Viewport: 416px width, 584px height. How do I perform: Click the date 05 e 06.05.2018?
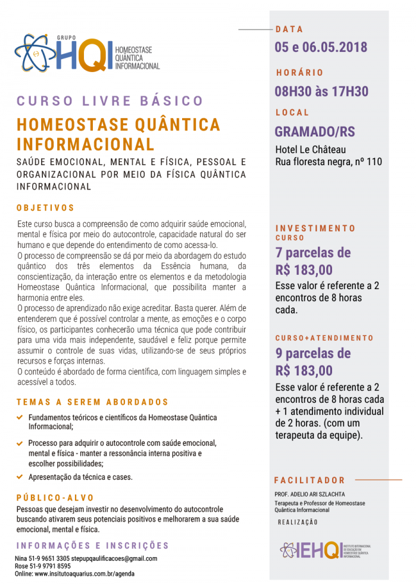click(321, 47)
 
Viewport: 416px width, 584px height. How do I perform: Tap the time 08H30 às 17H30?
click(321, 91)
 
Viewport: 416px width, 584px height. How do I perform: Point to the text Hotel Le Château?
click(310, 150)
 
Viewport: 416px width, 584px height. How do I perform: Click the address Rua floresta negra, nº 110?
click(329, 161)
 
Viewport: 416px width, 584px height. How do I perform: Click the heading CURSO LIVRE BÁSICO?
click(110, 101)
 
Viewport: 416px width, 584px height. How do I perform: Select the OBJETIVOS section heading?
click(45, 208)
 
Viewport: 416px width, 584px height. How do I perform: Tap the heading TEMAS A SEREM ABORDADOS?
click(92, 402)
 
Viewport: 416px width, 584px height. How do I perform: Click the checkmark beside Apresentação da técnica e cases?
click(20, 477)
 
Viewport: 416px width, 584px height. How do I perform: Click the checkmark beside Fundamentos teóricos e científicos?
click(20, 417)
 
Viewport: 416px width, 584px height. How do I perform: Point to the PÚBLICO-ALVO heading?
click(55, 498)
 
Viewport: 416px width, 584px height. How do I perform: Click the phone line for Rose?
click(43, 566)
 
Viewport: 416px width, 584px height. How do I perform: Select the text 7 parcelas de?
click(313, 252)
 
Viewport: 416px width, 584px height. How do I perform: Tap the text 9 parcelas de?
click(313, 353)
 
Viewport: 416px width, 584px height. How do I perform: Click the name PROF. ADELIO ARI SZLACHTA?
click(309, 494)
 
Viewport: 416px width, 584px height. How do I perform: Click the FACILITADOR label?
click(309, 480)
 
